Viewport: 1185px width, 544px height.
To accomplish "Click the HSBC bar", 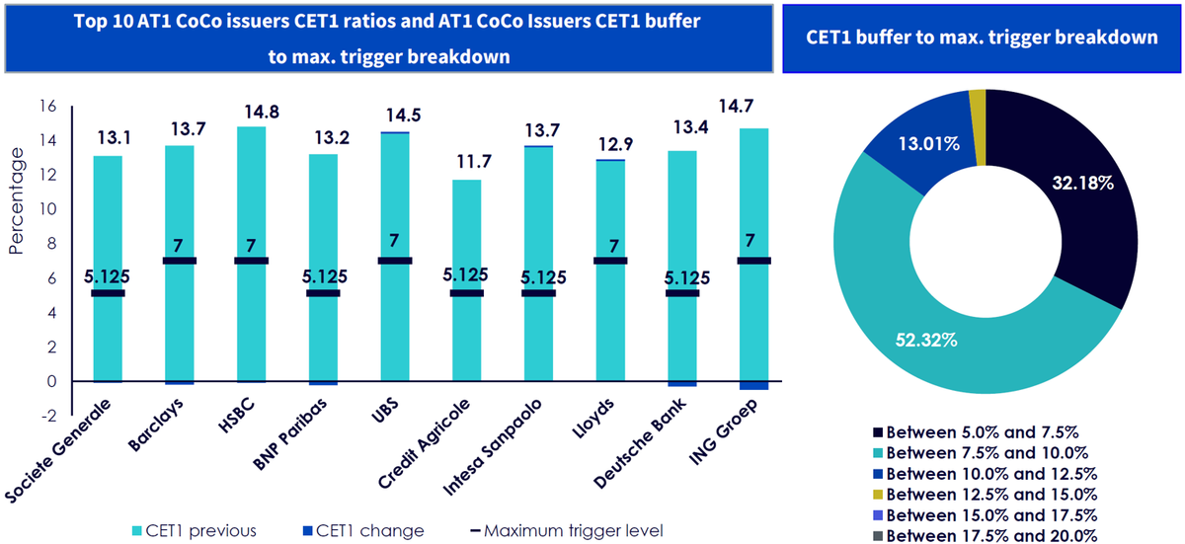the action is click(x=251, y=254).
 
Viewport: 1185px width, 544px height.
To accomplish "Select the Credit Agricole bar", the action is click(x=466, y=280).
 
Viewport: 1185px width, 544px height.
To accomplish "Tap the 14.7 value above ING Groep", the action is click(x=736, y=107).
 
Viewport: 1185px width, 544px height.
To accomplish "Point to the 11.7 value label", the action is click(x=474, y=161).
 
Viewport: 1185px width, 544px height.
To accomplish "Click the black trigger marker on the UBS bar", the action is click(x=395, y=261).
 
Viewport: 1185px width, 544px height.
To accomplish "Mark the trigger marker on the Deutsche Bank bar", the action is click(x=682, y=293).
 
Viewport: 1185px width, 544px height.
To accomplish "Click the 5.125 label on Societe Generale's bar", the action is click(x=107, y=276).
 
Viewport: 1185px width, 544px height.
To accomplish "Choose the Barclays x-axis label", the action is click(x=157, y=424).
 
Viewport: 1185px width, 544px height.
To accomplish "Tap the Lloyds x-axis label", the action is click(x=593, y=418).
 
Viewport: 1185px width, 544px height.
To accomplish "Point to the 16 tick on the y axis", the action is click(x=47, y=107).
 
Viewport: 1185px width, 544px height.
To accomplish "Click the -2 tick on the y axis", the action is click(x=49, y=416).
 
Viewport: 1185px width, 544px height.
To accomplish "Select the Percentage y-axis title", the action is click(x=17, y=200).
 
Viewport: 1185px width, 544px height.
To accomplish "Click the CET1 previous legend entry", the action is click(x=195, y=531).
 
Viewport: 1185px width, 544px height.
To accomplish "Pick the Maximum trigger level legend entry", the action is click(x=567, y=531).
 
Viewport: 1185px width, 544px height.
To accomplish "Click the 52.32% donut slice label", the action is click(x=926, y=340).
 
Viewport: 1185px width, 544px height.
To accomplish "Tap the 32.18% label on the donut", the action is click(x=1083, y=183).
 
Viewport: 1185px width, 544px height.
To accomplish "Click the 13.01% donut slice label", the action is click(x=929, y=144).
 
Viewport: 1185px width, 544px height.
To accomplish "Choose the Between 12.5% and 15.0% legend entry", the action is click(x=986, y=495).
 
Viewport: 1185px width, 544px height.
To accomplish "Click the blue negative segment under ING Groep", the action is click(x=753, y=385).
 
